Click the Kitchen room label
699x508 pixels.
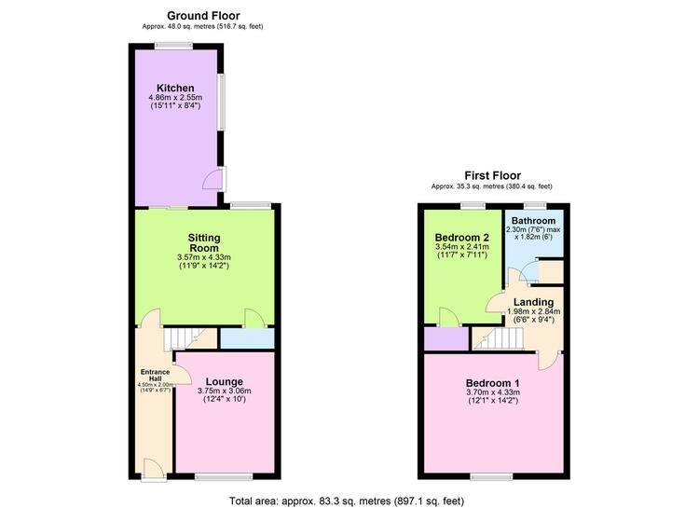(175, 88)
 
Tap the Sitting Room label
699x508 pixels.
(204, 242)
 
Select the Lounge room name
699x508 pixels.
(225, 382)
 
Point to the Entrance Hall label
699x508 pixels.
(155, 375)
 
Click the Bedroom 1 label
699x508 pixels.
(493, 383)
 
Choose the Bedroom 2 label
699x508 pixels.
(462, 238)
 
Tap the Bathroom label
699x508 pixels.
(534, 221)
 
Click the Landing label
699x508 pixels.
(533, 302)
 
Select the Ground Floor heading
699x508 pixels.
(203, 16)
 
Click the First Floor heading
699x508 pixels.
(493, 175)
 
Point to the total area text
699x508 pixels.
(347, 501)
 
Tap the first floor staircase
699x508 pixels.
(498, 338)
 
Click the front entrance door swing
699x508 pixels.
(154, 470)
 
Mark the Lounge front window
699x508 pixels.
(224, 477)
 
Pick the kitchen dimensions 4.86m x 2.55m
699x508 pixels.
(175, 97)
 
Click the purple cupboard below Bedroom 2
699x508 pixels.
(446, 339)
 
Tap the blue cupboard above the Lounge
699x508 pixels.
(247, 338)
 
